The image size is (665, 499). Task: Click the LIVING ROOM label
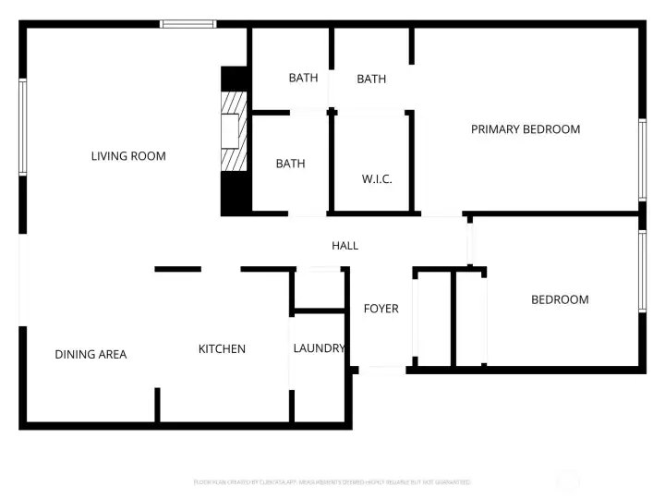click(128, 156)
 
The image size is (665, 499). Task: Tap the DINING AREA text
click(91, 354)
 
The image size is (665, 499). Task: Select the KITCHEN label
click(222, 348)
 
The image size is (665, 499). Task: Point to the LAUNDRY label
click(319, 348)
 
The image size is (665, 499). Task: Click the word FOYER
click(381, 308)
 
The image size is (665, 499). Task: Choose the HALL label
click(345, 245)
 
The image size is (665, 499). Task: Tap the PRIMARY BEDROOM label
click(526, 129)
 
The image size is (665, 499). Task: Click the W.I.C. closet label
click(376, 178)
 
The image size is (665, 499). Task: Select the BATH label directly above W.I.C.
click(371, 79)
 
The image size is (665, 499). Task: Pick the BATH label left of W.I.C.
click(290, 164)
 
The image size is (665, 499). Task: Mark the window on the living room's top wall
click(188, 24)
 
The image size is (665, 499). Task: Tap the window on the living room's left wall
click(23, 128)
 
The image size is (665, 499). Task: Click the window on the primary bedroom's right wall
click(642, 160)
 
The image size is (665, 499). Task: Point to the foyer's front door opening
click(381, 371)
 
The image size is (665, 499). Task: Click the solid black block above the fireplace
click(235, 79)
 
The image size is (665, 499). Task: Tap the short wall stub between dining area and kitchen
click(158, 405)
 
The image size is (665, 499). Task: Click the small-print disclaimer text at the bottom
click(332, 482)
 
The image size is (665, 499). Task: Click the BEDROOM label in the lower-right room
click(559, 299)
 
